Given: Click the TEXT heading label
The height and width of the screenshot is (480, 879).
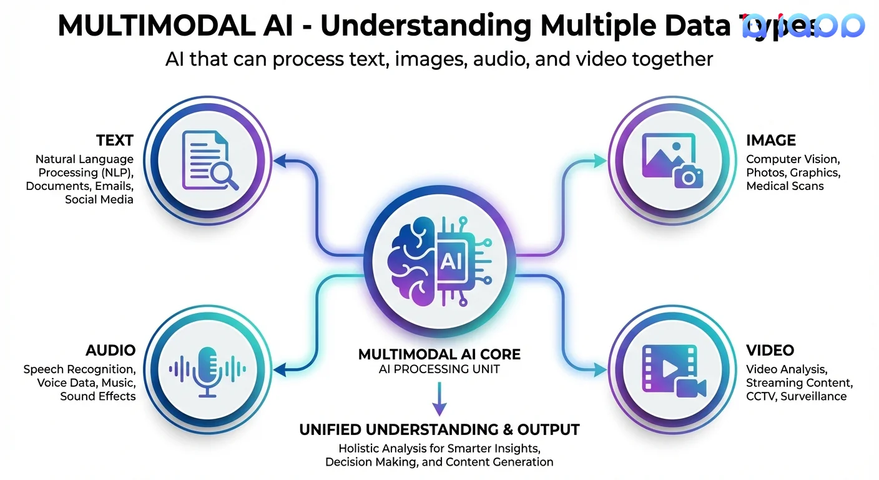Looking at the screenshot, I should click(x=114, y=140).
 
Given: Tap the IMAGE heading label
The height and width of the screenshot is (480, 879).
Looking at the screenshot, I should click(x=770, y=140).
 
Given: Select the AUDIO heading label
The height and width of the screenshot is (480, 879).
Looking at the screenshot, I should click(x=110, y=350).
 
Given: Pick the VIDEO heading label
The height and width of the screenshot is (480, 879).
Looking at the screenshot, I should click(x=770, y=350).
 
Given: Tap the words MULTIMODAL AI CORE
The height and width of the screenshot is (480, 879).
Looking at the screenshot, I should click(x=439, y=354).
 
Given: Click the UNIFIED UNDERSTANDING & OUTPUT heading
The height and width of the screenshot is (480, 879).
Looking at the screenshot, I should click(x=439, y=430).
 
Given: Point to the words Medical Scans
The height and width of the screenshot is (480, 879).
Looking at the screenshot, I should click(x=785, y=186).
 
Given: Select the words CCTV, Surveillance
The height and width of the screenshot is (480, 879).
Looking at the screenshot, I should click(x=796, y=396).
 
